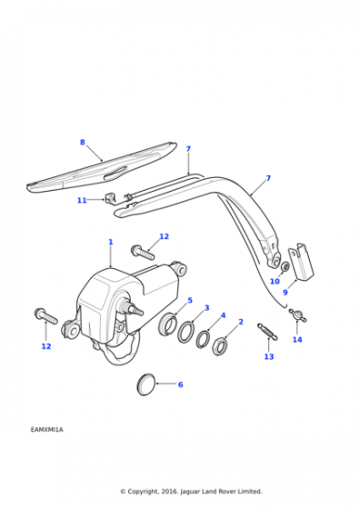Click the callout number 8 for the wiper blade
click(83, 142)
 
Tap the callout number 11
click(82, 200)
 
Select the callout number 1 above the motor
click(111, 242)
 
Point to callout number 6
click(181, 384)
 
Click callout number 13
click(269, 356)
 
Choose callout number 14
click(297, 339)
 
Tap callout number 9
click(285, 292)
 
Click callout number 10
click(275, 281)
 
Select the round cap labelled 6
click(146, 384)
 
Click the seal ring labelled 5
click(168, 324)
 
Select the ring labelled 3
click(186, 332)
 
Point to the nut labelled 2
click(220, 346)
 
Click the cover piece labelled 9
click(302, 262)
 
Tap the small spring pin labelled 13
click(267, 332)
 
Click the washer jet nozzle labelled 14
click(297, 314)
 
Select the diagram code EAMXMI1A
click(47, 429)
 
